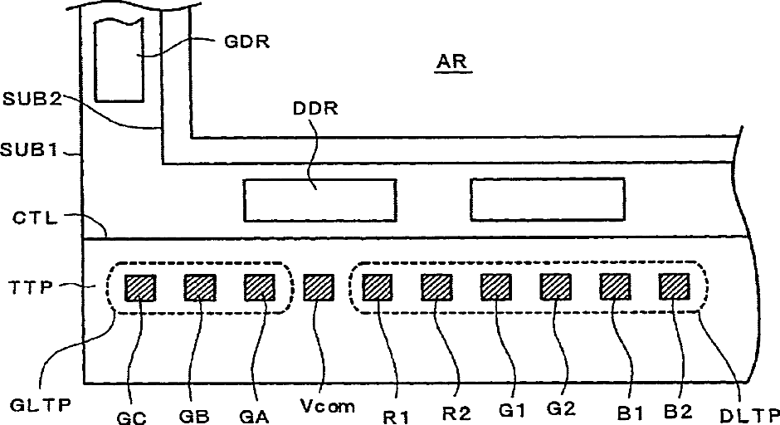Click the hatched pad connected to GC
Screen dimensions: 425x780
[139, 288]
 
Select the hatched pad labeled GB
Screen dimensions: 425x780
[199, 288]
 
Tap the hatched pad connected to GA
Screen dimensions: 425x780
[259, 288]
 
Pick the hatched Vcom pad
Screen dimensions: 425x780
[318, 288]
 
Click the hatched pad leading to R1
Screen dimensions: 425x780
[377, 288]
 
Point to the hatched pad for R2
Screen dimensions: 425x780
[436, 288]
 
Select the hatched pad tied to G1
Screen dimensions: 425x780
[495, 288]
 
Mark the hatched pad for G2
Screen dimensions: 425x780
[555, 288]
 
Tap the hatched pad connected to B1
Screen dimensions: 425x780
[615, 288]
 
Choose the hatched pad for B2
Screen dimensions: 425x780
[674, 288]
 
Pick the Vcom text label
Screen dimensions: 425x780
[329, 407]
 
